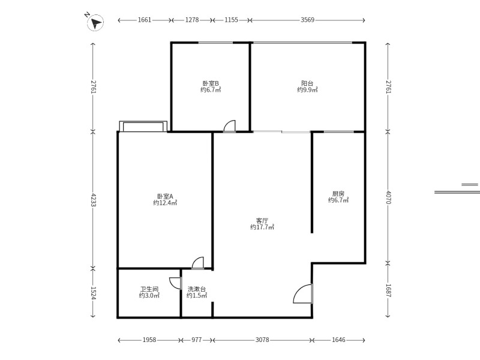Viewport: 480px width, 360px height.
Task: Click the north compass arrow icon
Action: click(95, 22)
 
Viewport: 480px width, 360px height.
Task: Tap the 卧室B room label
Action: click(211, 83)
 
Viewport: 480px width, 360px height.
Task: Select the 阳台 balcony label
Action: click(307, 83)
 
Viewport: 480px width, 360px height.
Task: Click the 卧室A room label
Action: click(165, 196)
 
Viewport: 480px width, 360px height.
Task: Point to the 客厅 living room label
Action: click(262, 220)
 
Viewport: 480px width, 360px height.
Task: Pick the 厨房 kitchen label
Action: click(338, 193)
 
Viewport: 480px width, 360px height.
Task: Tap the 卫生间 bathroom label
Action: click(149, 289)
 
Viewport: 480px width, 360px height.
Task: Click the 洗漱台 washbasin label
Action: click(197, 289)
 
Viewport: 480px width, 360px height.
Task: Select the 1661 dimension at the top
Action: click(145, 20)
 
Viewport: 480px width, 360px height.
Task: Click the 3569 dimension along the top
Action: click(307, 20)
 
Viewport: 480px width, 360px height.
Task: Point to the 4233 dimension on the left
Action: click(94, 200)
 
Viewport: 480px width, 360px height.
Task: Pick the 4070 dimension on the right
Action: click(388, 197)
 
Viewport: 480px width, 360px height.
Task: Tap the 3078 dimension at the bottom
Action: click(262, 340)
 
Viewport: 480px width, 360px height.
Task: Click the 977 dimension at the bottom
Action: click(197, 340)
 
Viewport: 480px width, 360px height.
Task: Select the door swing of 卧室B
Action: click(229, 126)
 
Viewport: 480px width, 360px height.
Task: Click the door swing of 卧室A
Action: click(198, 263)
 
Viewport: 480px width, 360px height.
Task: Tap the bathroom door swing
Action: click(175, 283)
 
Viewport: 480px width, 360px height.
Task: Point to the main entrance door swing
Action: click(303, 294)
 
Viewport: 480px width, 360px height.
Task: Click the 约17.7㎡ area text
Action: click(262, 227)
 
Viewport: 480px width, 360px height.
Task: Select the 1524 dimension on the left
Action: click(94, 293)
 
